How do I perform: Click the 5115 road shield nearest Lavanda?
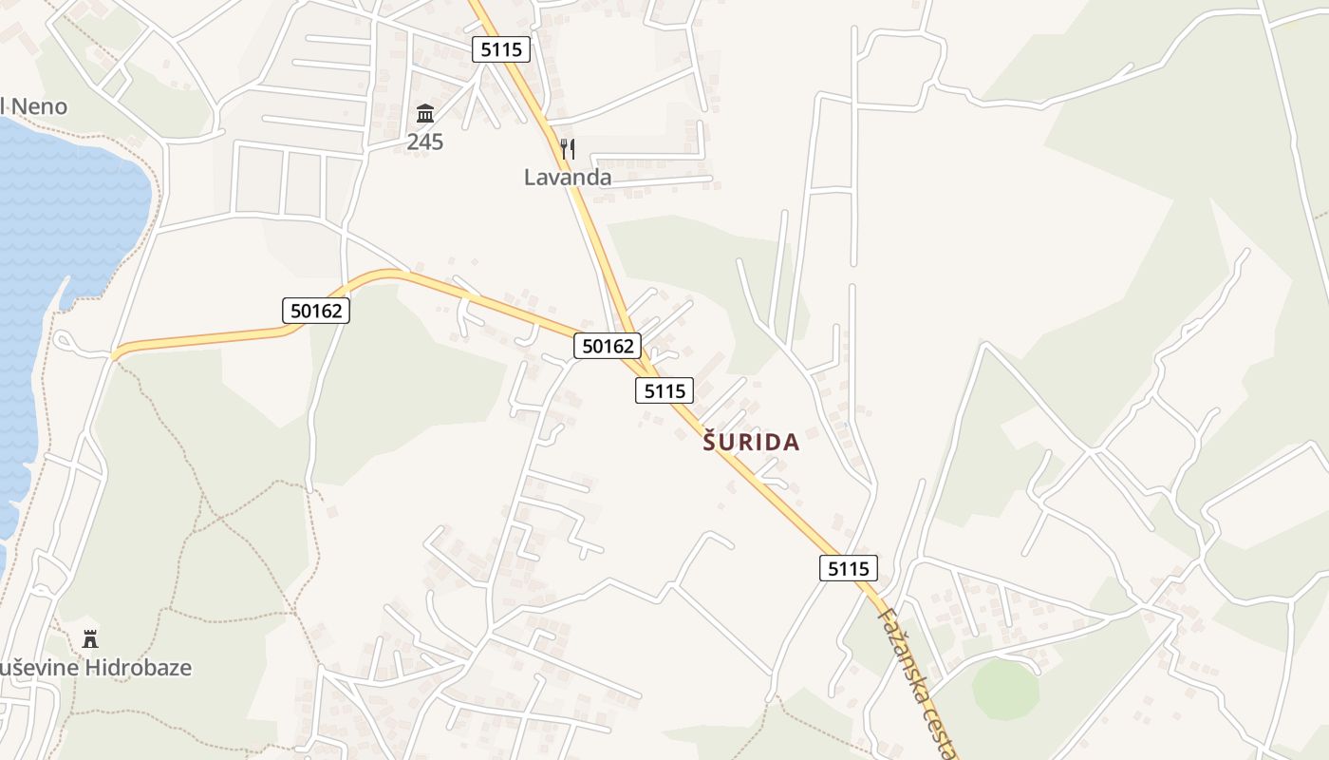click(x=501, y=49)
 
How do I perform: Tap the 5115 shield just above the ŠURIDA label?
click(x=664, y=389)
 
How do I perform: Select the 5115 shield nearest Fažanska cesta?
click(x=848, y=568)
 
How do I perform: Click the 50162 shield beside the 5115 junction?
click(x=608, y=346)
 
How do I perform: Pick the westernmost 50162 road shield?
click(x=316, y=310)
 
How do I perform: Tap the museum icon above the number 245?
click(x=425, y=115)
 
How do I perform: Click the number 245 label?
click(x=425, y=142)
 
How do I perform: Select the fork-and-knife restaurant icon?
click(x=568, y=148)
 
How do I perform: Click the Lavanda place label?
click(x=568, y=177)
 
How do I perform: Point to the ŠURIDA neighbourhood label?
click(x=751, y=443)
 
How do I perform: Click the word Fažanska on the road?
click(x=897, y=646)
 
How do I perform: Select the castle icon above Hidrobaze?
click(x=90, y=638)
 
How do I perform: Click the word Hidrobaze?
click(x=138, y=668)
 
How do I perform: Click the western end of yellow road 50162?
click(x=115, y=356)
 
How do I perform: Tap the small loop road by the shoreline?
click(x=66, y=342)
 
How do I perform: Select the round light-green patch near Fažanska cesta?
click(x=1005, y=689)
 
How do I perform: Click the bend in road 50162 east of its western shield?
click(x=389, y=275)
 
